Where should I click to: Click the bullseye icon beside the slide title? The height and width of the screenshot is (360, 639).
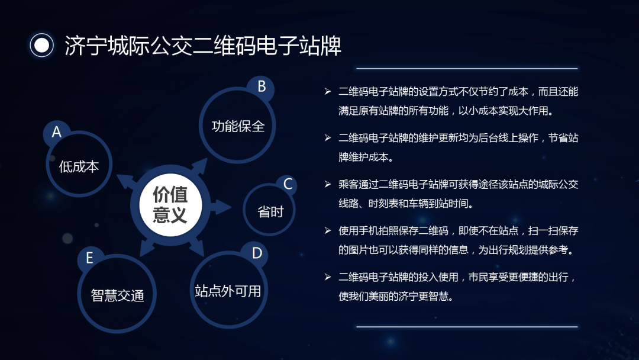pos(41,45)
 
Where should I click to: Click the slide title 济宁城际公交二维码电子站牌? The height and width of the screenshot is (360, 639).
pos(203,45)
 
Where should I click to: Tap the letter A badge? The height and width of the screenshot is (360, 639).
pos(57,132)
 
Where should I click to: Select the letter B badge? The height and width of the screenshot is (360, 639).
pos(262,86)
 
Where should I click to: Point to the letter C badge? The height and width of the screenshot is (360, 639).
pos(288,184)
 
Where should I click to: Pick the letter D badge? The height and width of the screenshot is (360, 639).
pos(257,253)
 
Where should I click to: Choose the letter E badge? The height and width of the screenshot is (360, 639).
pos(90,258)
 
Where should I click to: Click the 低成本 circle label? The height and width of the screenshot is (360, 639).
pos(79,166)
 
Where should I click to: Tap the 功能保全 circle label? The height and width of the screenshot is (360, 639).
pos(238,126)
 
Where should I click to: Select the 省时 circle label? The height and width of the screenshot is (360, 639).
pos(270,211)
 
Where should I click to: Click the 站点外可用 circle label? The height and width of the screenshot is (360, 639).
pos(228,291)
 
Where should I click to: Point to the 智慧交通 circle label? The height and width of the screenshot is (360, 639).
pos(117,295)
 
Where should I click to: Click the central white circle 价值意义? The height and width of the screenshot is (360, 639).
pos(170,205)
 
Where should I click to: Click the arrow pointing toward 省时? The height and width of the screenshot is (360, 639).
pos(220,207)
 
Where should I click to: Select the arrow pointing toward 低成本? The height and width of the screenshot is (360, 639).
pos(127,181)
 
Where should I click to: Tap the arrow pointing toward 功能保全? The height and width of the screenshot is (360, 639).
pos(199,167)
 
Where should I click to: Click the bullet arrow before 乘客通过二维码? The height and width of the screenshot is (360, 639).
pos(328,184)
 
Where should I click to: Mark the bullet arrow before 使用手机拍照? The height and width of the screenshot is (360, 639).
pos(328,231)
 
